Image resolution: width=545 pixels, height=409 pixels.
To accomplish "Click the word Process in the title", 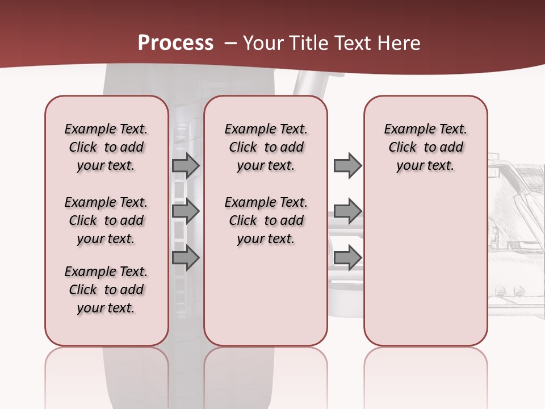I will pos(175,43).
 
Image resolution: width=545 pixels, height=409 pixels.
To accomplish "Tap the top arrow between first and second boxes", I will pos(186,165).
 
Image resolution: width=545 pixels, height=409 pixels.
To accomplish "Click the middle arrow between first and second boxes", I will pos(186,211).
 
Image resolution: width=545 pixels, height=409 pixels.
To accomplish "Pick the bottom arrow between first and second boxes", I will pos(186,258).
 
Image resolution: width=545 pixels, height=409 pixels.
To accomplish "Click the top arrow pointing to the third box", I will pos(347,165).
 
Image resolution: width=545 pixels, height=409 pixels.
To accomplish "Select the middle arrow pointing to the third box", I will pos(347,211).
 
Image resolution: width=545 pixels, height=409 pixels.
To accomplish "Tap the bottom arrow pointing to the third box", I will pos(347,258).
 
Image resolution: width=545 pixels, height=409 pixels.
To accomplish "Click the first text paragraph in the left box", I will pos(106,147).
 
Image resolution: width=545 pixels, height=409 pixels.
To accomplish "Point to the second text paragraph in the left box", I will pos(106,220).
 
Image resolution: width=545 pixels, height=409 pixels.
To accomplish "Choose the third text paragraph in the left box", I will pos(106,290).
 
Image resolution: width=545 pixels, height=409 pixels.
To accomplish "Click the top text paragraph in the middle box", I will pos(266,147).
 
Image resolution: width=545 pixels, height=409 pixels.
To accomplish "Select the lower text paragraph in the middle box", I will pos(266,220).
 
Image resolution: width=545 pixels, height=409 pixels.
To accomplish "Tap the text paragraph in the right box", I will pos(425,147).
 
